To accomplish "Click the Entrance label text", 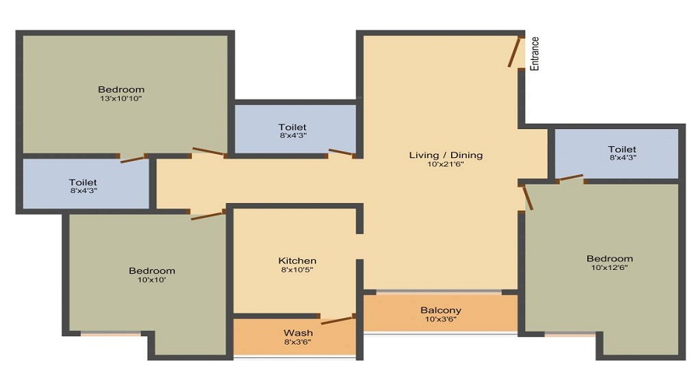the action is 534,54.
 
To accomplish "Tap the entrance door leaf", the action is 514,52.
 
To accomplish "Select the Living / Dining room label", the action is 446,155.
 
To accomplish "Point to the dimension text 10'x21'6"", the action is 446,164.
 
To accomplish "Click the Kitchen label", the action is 297,261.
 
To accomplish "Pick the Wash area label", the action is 298,333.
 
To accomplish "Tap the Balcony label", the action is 441,310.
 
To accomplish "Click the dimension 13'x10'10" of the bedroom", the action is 121,98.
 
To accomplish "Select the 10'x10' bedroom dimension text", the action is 152,280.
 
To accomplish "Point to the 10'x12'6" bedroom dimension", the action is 609,268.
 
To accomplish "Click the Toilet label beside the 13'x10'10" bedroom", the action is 83,182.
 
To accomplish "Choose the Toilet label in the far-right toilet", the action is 622,149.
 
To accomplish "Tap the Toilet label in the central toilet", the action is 292,128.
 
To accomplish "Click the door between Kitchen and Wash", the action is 338,320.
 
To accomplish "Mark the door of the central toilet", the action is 342,152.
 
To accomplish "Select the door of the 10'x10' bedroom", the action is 208,216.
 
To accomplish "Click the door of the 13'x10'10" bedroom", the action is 209,152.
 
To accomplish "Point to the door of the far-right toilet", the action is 571,177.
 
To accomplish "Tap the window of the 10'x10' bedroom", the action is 110,333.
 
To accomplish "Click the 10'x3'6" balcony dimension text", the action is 441,319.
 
